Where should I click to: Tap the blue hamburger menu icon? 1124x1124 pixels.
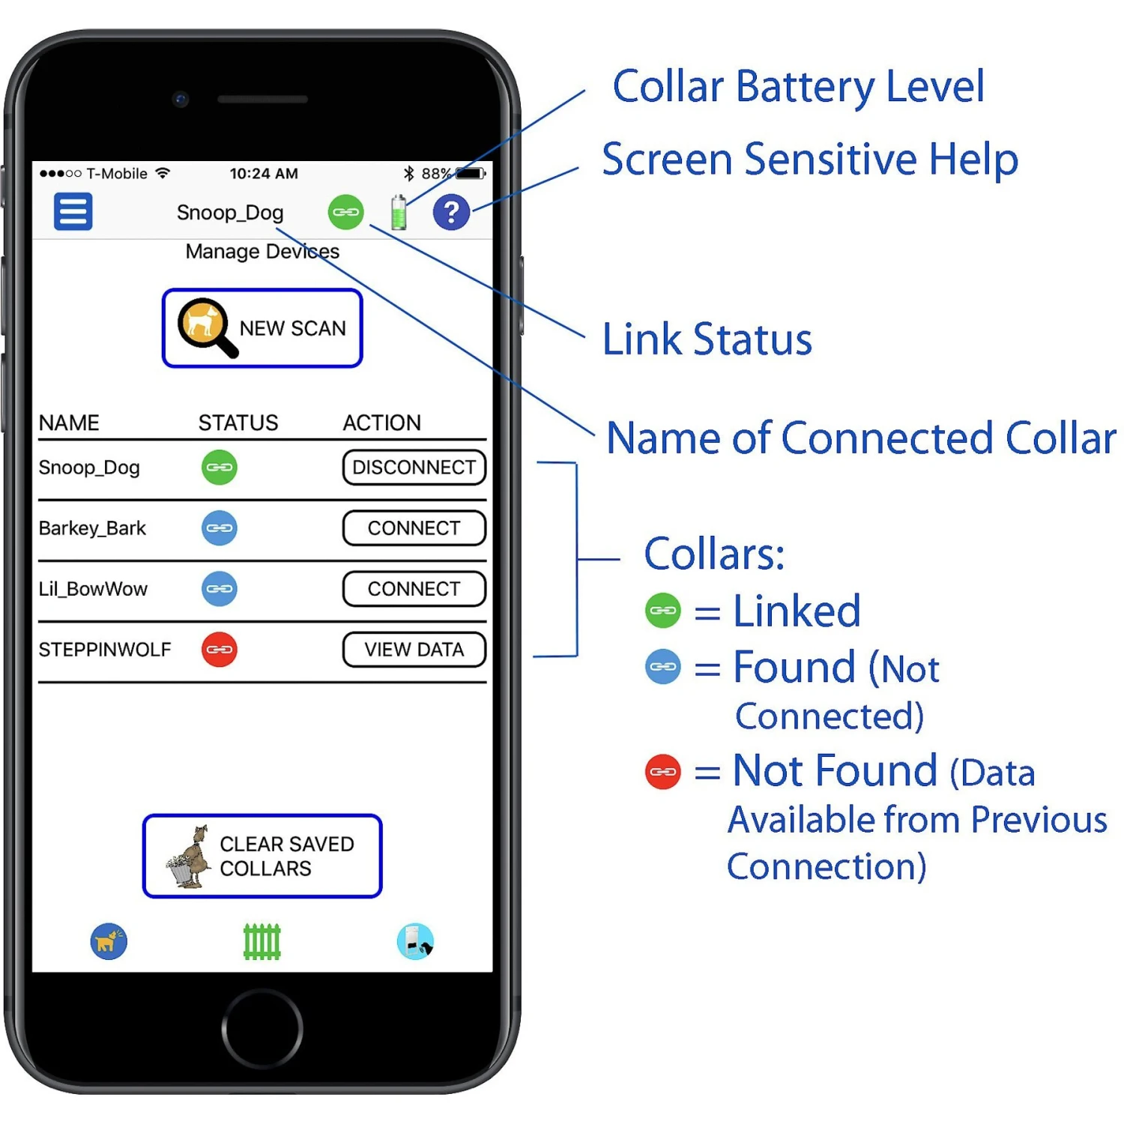(73, 211)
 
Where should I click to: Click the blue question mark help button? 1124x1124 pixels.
(451, 212)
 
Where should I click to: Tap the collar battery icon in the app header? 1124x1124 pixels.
(399, 212)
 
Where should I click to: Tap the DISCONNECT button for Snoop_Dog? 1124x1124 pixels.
(414, 468)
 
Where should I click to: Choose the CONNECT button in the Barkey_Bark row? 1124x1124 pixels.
(414, 528)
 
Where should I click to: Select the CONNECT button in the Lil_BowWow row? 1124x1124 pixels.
(414, 589)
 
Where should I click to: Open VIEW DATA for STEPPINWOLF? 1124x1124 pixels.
(414, 650)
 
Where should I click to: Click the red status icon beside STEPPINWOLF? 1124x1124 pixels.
(219, 650)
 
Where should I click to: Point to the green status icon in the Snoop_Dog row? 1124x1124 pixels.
(219, 468)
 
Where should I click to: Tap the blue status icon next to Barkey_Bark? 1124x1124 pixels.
(219, 528)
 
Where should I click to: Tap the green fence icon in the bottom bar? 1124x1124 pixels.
(262, 942)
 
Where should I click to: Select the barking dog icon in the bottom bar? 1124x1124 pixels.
(109, 942)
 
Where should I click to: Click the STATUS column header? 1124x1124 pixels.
(238, 423)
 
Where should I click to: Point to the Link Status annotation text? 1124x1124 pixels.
(707, 339)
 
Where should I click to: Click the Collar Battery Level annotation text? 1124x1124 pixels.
(798, 86)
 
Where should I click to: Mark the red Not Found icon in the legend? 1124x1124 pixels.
(662, 772)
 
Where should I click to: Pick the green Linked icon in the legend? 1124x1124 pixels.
(662, 611)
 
